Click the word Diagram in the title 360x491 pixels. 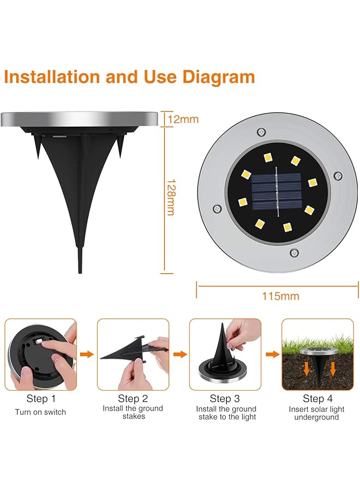(219, 77)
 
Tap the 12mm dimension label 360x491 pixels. (183, 119)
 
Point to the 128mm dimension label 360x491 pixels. (171, 197)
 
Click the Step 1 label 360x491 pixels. (41, 399)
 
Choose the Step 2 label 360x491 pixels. (133, 399)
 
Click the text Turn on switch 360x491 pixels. (40, 412)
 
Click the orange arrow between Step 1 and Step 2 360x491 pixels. (86, 354)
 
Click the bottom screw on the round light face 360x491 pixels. (294, 253)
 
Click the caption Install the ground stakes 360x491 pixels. (133, 412)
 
